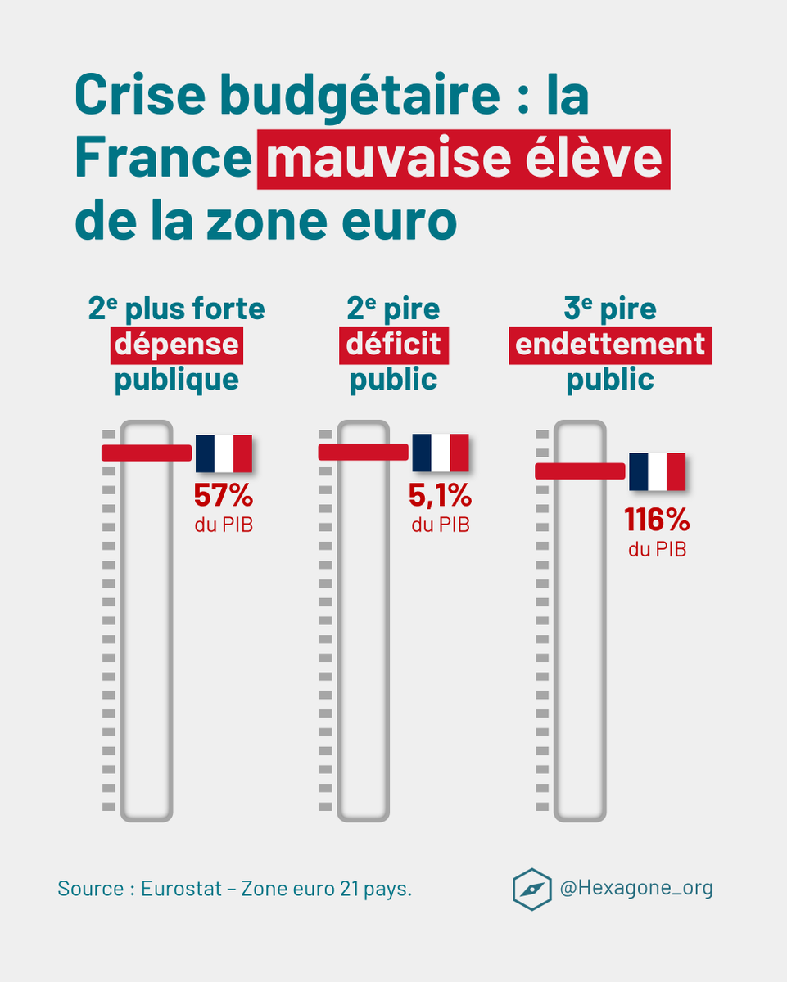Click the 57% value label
point(224,495)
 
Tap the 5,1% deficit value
point(441,495)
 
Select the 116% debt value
point(657,520)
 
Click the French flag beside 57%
point(224,453)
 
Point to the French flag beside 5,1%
point(441,453)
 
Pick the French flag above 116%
point(657,471)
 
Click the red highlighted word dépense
point(176,345)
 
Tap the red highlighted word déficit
point(394,345)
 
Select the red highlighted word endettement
point(610,345)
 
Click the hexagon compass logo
point(532,890)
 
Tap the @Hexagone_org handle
point(636,888)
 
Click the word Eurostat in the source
point(180,889)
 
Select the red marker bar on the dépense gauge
point(146,453)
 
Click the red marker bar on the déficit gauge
point(363,453)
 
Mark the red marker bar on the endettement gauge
point(580,471)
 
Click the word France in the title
point(162,160)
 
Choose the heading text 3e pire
point(610,309)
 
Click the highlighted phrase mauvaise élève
point(464,160)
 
